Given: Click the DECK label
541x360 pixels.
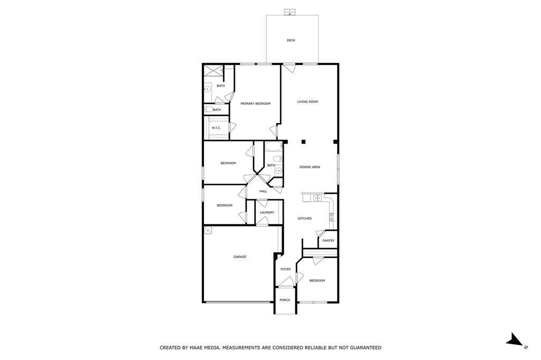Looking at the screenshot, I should [291, 40].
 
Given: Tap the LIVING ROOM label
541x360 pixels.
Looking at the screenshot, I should [307, 101].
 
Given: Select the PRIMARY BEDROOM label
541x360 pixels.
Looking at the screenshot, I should [255, 103].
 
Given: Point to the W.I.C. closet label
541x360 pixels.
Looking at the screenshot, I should [216, 128].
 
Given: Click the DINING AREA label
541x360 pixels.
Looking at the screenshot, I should [310, 167].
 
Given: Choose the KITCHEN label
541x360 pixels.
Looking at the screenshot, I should [304, 218].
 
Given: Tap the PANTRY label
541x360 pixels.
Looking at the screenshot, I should [329, 241].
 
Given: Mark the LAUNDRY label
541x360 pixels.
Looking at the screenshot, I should [267, 212].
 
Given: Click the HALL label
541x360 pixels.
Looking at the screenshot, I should [263, 191].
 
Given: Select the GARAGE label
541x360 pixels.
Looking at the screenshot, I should [240, 257].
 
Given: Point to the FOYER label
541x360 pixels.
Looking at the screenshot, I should [285, 269].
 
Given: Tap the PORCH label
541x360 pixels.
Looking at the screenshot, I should [285, 300].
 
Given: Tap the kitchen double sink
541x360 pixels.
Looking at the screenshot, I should [318, 198].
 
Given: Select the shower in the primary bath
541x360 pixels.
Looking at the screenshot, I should [212, 71].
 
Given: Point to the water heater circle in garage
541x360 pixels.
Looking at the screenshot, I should [208, 230].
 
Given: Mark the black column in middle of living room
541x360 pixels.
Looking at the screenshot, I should [304, 141].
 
